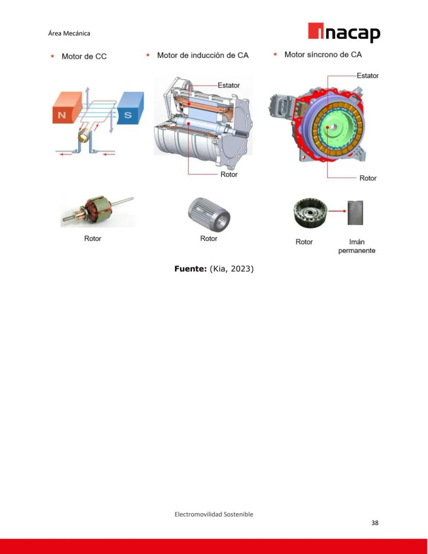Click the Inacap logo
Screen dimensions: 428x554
pos(344,33)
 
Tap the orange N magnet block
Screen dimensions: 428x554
pos(67,108)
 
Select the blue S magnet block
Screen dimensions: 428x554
pos(130,108)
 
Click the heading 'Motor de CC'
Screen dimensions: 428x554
pos(84,56)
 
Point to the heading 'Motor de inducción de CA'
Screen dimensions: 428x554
pos(203,55)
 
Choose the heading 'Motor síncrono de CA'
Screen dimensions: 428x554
pos(323,54)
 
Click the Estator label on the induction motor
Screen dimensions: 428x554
pos(228,85)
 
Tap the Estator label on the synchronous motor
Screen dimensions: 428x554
pos(368,76)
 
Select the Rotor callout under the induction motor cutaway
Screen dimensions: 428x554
pos(229,174)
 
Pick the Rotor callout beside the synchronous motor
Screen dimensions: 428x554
pos(368,178)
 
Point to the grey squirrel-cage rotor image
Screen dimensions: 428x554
pos(209,215)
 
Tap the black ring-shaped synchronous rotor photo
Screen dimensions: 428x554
pos(310,213)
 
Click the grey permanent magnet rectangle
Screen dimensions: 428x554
pos(355,213)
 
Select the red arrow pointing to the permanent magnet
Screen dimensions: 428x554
pos(337,211)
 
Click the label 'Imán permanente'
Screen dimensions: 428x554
pos(357,246)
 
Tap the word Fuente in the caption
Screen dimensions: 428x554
pos(190,269)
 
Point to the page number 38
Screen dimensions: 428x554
pos(375,523)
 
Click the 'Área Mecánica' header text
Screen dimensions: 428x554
pos(69,33)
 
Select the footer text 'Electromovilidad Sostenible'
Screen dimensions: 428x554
pos(213,514)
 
